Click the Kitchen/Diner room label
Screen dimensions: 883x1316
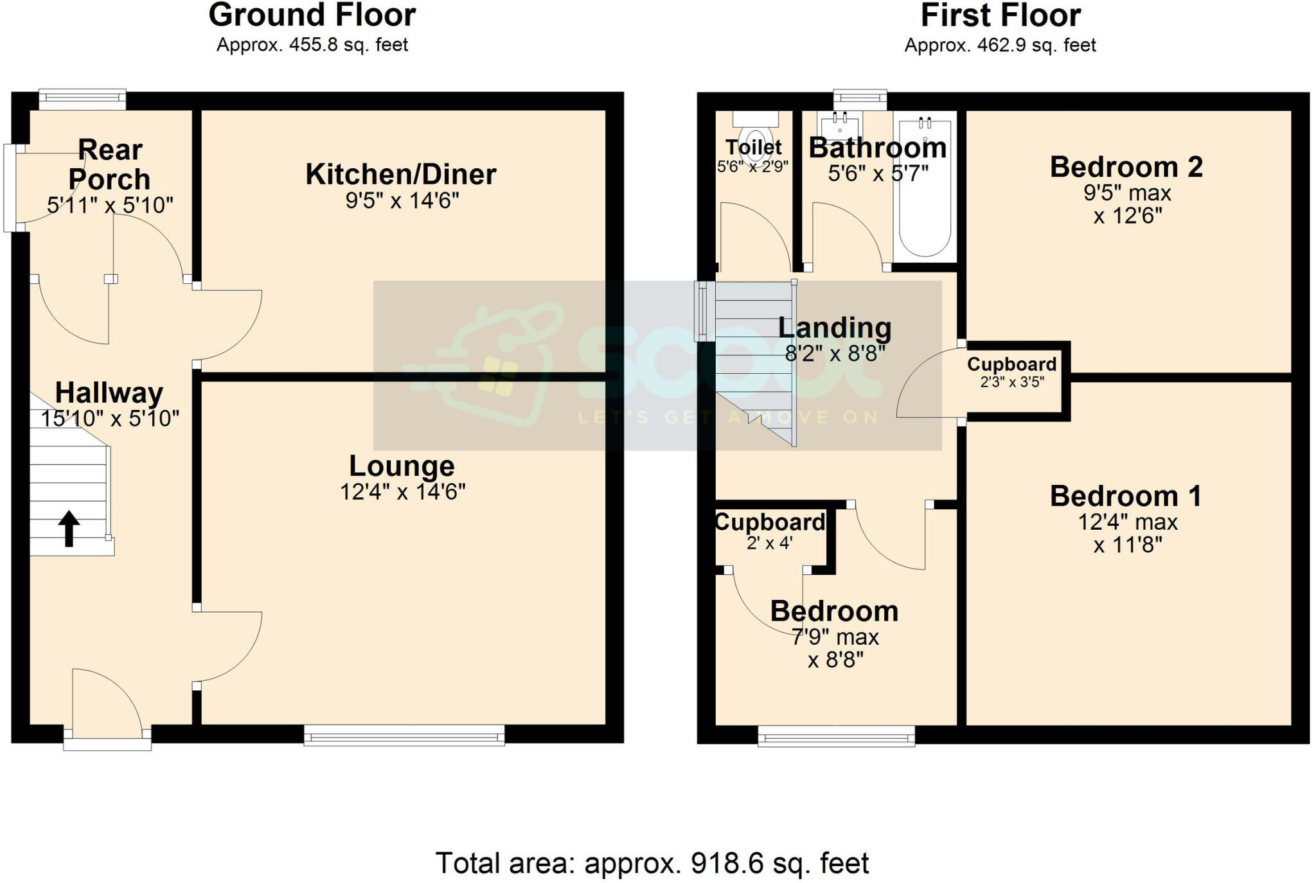tap(400, 175)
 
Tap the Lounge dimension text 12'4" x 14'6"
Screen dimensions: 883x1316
tap(402, 492)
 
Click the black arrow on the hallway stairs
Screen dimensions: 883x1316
tap(69, 528)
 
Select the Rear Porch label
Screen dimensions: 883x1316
tap(109, 165)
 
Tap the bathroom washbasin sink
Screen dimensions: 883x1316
tap(839, 125)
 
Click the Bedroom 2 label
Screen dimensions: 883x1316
tap(1126, 167)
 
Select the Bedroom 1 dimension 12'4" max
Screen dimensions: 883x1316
tap(1127, 522)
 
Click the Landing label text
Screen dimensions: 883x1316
tap(834, 328)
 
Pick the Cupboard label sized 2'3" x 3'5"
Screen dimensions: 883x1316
tap(1011, 365)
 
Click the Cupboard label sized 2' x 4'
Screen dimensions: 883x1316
tap(770, 523)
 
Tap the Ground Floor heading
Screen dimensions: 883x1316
tap(312, 15)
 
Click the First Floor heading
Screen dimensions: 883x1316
tap(1000, 15)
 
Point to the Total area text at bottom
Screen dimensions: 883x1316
tap(652, 863)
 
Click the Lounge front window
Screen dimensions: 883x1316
tap(404, 735)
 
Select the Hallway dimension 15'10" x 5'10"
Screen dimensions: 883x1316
tap(109, 419)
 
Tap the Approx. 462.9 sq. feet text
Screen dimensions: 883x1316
tap(1000, 46)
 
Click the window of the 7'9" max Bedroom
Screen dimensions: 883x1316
tap(836, 736)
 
